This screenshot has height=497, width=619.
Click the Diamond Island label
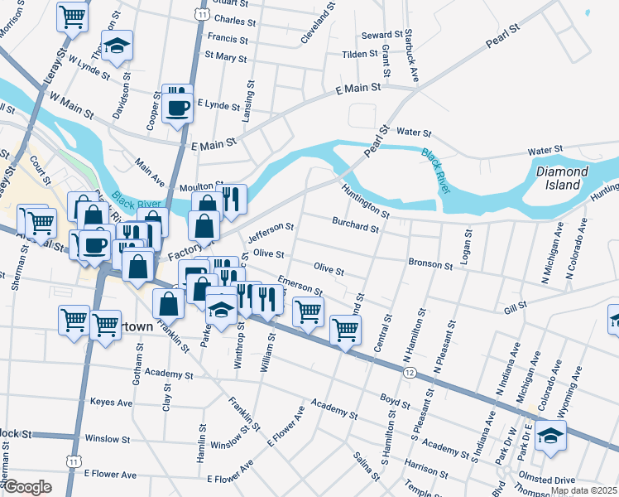tap(562, 178)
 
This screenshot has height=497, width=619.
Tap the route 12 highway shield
tap(410, 374)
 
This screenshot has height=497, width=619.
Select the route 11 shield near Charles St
tap(203, 14)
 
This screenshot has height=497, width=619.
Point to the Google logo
tap(26, 487)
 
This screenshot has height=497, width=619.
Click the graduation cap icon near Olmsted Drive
tap(549, 437)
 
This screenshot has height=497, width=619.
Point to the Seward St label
tap(382, 36)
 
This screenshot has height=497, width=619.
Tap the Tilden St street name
tap(360, 55)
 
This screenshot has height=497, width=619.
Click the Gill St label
tap(516, 308)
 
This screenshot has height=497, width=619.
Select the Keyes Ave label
tap(111, 403)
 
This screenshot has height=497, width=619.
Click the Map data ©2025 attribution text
tap(584, 490)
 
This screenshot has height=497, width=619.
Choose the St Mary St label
tap(225, 57)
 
